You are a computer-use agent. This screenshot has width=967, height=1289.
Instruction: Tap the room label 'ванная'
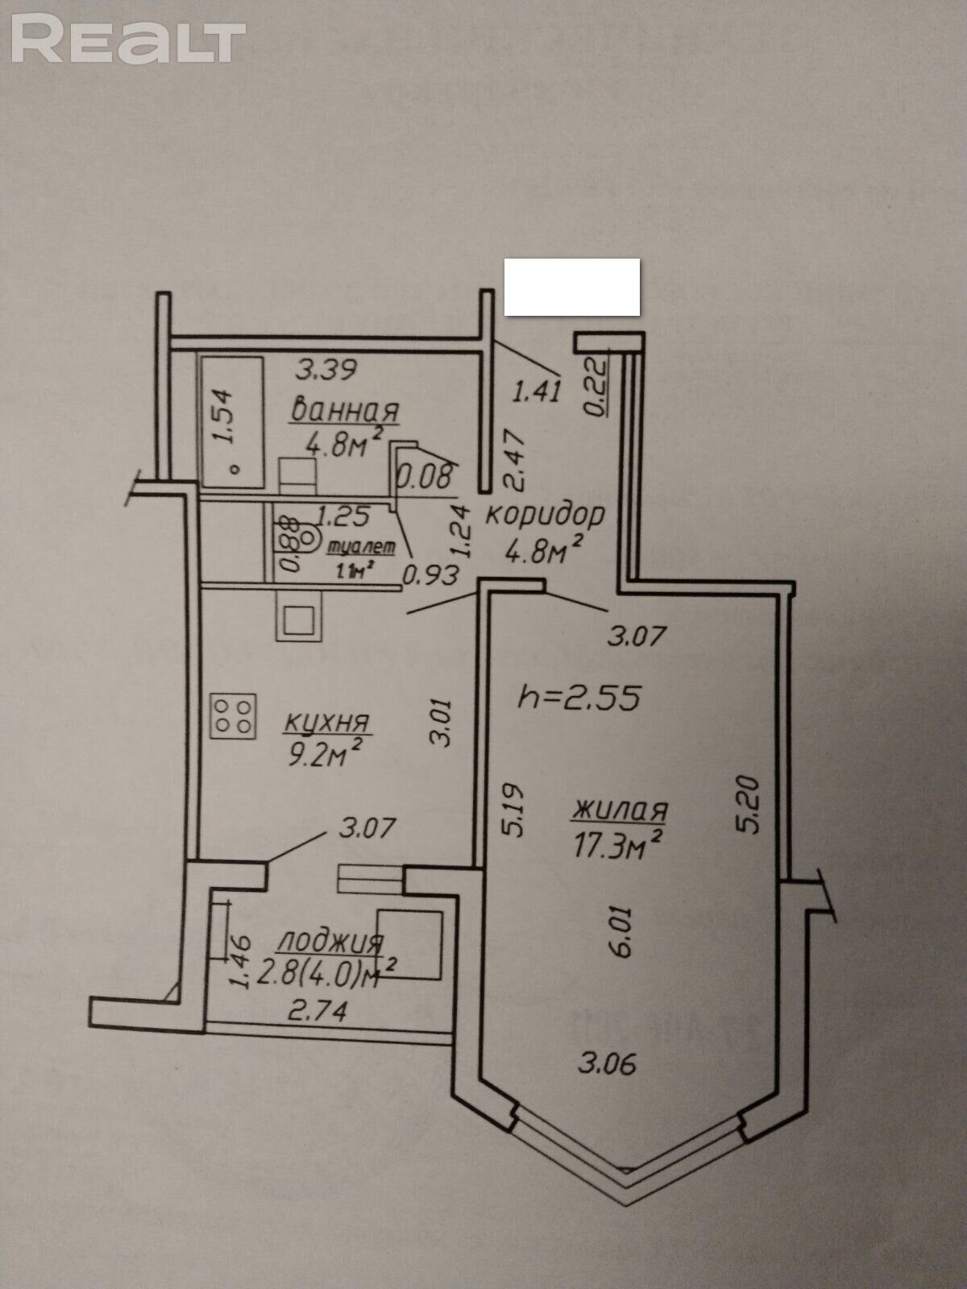[x=344, y=411]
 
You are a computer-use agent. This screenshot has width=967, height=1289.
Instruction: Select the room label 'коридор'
[x=544, y=514]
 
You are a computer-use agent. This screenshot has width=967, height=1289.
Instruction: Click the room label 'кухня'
[x=326, y=722]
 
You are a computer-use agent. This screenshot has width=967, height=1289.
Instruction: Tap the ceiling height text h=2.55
[x=579, y=697]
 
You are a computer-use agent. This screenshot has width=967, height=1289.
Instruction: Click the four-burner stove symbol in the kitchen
[x=234, y=715]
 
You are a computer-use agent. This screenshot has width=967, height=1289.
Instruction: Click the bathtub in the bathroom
[x=232, y=421]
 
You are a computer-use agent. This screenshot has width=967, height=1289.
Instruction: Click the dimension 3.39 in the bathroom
[x=326, y=371]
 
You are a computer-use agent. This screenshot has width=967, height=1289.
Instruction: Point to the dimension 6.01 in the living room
[x=623, y=932]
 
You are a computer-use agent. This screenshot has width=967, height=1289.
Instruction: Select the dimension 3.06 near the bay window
[x=607, y=1063]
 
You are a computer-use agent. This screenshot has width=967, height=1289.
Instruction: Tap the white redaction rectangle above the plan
[x=572, y=287]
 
